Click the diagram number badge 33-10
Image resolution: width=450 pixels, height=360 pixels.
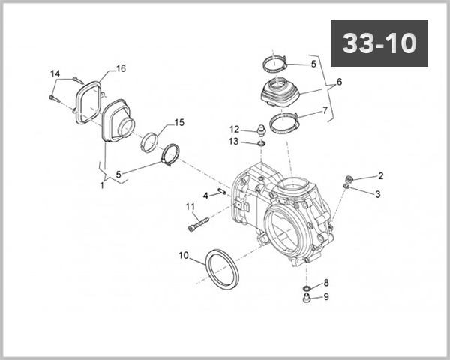pyautogui.click(x=379, y=43)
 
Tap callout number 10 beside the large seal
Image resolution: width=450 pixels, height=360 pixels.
pyautogui.click(x=183, y=255)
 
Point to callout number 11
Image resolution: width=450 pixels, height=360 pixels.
pyautogui.click(x=190, y=206)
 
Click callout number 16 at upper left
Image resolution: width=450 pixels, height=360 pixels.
pyautogui.click(x=121, y=69)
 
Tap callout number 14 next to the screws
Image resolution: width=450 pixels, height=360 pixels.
pyautogui.click(x=54, y=73)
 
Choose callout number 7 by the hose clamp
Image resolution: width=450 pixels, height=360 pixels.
pyautogui.click(x=325, y=110)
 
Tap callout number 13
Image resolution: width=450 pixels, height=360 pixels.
pyautogui.click(x=235, y=141)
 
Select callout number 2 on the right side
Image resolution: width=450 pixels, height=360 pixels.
pyautogui.click(x=380, y=176)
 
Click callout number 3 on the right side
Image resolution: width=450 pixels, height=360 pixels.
pyautogui.click(x=378, y=193)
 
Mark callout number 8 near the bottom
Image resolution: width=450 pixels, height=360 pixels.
pyautogui.click(x=325, y=283)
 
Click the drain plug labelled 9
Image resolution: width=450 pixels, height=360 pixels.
pyautogui.click(x=306, y=298)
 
